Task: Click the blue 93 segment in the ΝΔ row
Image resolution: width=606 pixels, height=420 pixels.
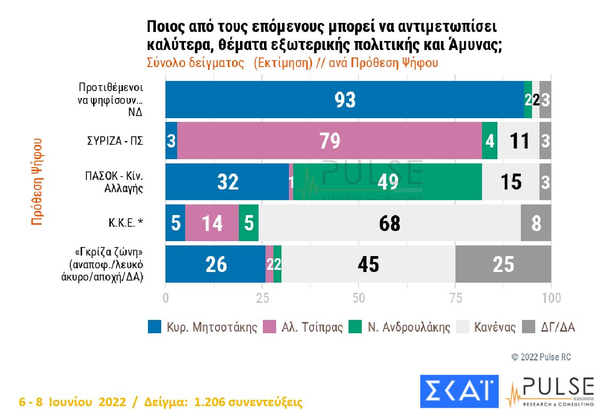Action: point(344,100)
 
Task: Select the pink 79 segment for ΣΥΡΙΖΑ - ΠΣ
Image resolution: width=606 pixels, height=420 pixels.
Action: point(329,141)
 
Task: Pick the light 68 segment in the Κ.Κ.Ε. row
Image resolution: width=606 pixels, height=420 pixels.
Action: point(389,223)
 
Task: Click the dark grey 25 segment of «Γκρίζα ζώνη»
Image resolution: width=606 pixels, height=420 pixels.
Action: point(503,264)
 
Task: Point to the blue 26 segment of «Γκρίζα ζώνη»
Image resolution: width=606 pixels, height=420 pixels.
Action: point(215,264)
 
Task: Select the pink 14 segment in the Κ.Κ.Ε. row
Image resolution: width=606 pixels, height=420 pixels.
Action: point(212,223)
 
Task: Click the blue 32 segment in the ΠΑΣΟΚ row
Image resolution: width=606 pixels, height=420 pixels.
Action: point(227,182)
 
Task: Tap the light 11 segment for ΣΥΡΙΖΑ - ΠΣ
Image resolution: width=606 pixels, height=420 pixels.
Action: point(518,141)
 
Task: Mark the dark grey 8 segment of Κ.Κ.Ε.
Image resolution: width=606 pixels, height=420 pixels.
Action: point(536,223)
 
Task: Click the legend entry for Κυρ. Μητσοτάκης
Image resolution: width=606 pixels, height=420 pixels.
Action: point(202,327)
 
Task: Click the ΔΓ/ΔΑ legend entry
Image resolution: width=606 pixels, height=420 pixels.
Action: point(550,327)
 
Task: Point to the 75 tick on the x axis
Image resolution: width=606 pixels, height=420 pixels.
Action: point(455,299)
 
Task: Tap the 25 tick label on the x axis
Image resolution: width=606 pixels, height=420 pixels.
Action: point(262,299)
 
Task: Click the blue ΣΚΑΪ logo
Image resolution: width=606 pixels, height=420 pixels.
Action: point(459,392)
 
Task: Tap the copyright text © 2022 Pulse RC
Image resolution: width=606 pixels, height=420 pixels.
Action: point(541,357)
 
